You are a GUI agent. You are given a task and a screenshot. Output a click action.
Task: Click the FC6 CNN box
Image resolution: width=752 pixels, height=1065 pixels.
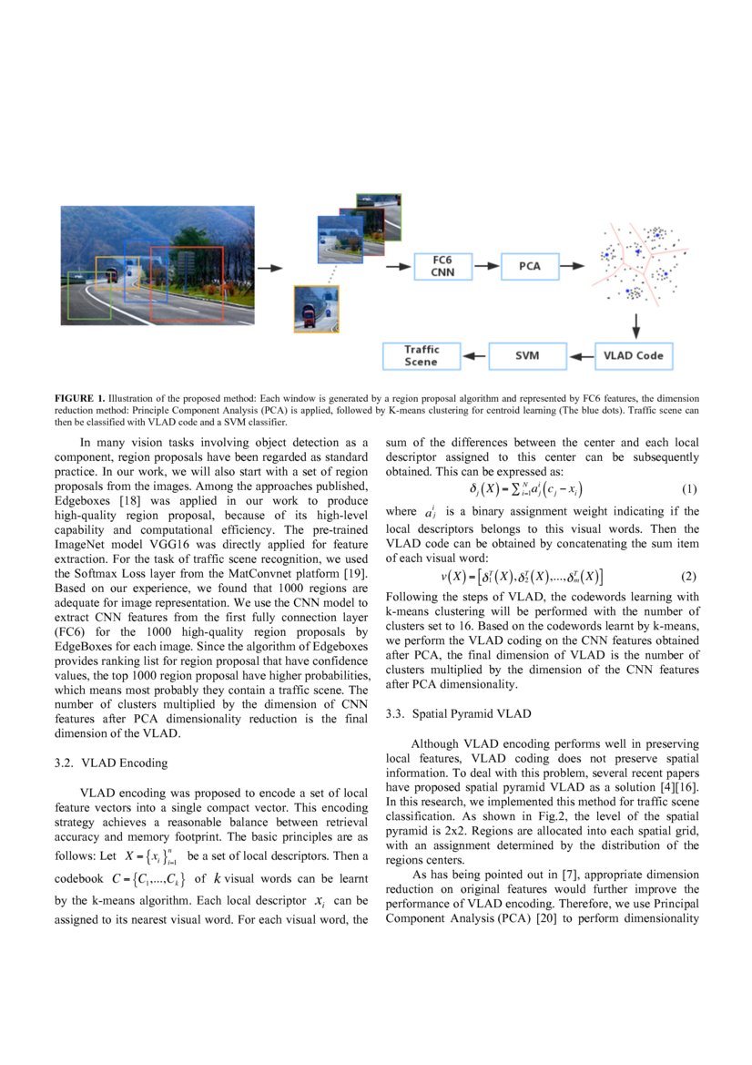(442, 266)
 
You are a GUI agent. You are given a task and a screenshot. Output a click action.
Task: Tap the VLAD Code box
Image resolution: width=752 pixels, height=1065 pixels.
(635, 355)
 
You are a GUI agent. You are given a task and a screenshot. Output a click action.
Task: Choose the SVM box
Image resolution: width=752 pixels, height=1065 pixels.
(527, 355)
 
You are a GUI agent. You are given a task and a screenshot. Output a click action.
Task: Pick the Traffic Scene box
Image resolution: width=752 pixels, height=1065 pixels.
(422, 355)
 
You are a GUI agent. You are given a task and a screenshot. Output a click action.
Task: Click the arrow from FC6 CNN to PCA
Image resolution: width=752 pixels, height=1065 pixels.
(486, 266)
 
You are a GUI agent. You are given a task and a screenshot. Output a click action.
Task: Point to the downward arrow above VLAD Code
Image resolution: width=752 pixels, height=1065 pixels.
(635, 324)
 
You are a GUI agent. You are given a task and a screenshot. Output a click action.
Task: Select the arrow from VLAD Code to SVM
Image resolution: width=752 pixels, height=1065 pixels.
(580, 355)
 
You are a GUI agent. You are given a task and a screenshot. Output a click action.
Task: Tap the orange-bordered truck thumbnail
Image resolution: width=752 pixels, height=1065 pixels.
(316, 308)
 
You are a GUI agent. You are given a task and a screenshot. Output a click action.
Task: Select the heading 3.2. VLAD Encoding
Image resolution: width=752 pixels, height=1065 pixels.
(111, 763)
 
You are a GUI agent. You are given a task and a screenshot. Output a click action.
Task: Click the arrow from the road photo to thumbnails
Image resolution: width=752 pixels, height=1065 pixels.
(269, 268)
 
